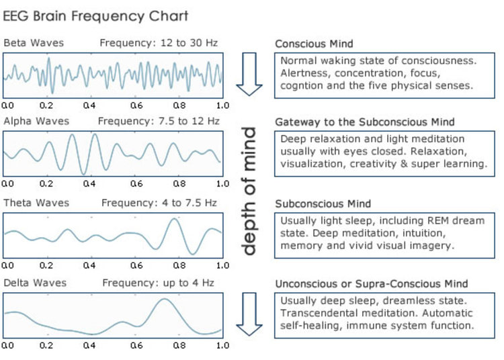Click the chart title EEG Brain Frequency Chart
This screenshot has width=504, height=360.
pos(95,16)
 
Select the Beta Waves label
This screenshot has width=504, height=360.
pos(34,43)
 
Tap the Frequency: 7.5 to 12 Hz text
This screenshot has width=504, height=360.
pos(159,121)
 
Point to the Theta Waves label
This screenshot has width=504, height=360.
pos(36,203)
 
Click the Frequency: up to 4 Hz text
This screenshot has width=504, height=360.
pos(158,283)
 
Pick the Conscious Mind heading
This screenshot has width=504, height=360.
pos(314,44)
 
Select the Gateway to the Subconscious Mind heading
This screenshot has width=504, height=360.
pos(365,122)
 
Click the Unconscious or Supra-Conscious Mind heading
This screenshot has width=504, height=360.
pos(372,284)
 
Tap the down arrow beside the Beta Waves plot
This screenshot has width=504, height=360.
pos(249,75)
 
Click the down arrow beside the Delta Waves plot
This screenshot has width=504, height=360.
pos(249,314)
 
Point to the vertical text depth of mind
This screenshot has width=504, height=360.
pos(249,191)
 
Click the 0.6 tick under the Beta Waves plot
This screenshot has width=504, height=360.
pos(136,105)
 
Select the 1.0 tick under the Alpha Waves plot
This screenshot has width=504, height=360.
pos(222,183)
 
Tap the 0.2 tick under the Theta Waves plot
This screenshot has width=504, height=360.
pos(46,265)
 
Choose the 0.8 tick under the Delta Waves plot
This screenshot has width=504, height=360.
pos(179,345)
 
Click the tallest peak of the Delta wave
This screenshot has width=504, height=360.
pos(164,299)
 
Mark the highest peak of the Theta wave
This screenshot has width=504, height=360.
pos(175,219)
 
